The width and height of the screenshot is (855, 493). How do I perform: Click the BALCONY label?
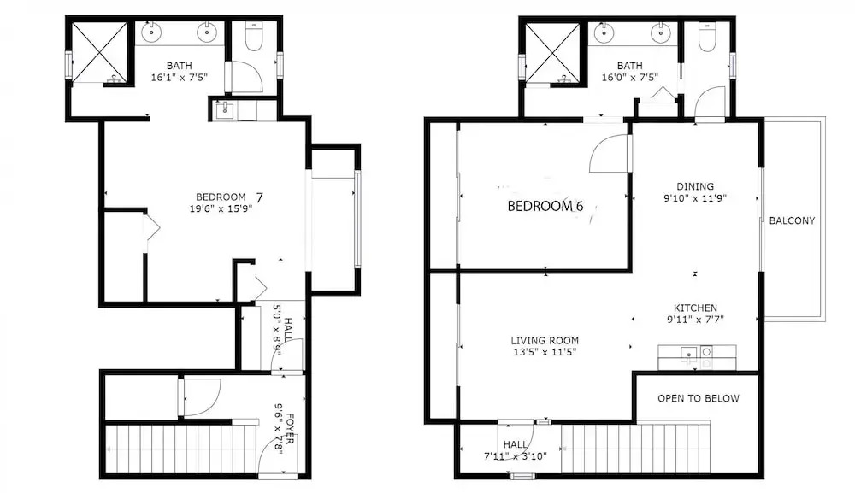coord(792,220)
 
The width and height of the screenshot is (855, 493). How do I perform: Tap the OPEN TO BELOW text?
coord(698,398)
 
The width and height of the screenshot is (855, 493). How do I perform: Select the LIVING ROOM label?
coord(545,340)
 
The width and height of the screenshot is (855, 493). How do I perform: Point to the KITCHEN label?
coord(695,308)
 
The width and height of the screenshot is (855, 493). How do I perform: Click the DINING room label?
coord(695,186)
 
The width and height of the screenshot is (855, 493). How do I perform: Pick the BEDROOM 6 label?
coord(545,206)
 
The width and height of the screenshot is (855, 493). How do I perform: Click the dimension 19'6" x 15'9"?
coord(221,208)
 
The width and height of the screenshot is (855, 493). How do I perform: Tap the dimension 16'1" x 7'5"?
coord(180,78)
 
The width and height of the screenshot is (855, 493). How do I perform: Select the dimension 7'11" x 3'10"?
coord(516,456)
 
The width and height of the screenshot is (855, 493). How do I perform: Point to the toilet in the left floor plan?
coord(254,36)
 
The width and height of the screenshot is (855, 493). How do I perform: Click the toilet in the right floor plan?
coord(707,37)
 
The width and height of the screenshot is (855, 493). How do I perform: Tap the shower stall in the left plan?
coord(100,53)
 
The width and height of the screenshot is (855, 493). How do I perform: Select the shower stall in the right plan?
coord(552,53)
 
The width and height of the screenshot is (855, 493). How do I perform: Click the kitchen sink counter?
coord(697,357)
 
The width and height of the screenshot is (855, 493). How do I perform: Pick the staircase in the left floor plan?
coord(180,449)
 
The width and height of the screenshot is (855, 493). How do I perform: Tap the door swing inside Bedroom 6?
coord(609,154)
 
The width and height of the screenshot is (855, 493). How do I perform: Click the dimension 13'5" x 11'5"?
coord(545,352)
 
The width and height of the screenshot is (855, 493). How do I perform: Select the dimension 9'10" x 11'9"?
coord(695,198)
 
